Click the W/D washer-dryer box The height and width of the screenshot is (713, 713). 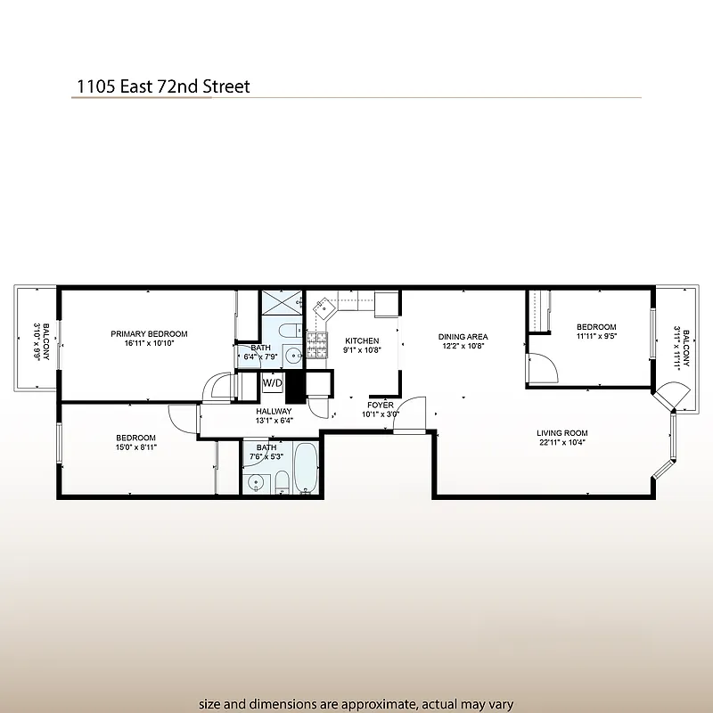[272, 383]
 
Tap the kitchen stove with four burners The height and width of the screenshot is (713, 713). [317, 340]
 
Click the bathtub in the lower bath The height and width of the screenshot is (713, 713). [305, 467]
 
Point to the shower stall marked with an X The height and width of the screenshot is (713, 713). [283, 307]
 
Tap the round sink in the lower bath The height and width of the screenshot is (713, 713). [257, 483]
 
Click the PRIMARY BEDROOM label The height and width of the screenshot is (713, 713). [149, 334]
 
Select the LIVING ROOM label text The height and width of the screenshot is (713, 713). [561, 433]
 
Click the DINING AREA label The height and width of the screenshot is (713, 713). [463, 337]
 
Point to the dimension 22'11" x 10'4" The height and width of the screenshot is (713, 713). [561, 443]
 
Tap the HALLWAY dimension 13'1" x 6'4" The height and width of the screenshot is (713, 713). [274, 421]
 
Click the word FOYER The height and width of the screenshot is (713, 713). [380, 405]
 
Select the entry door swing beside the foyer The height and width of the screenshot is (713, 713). [410, 416]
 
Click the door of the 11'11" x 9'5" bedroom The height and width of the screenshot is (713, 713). [541, 367]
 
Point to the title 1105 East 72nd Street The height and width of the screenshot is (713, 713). [162, 86]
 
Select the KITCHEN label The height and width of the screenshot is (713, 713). [362, 340]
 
